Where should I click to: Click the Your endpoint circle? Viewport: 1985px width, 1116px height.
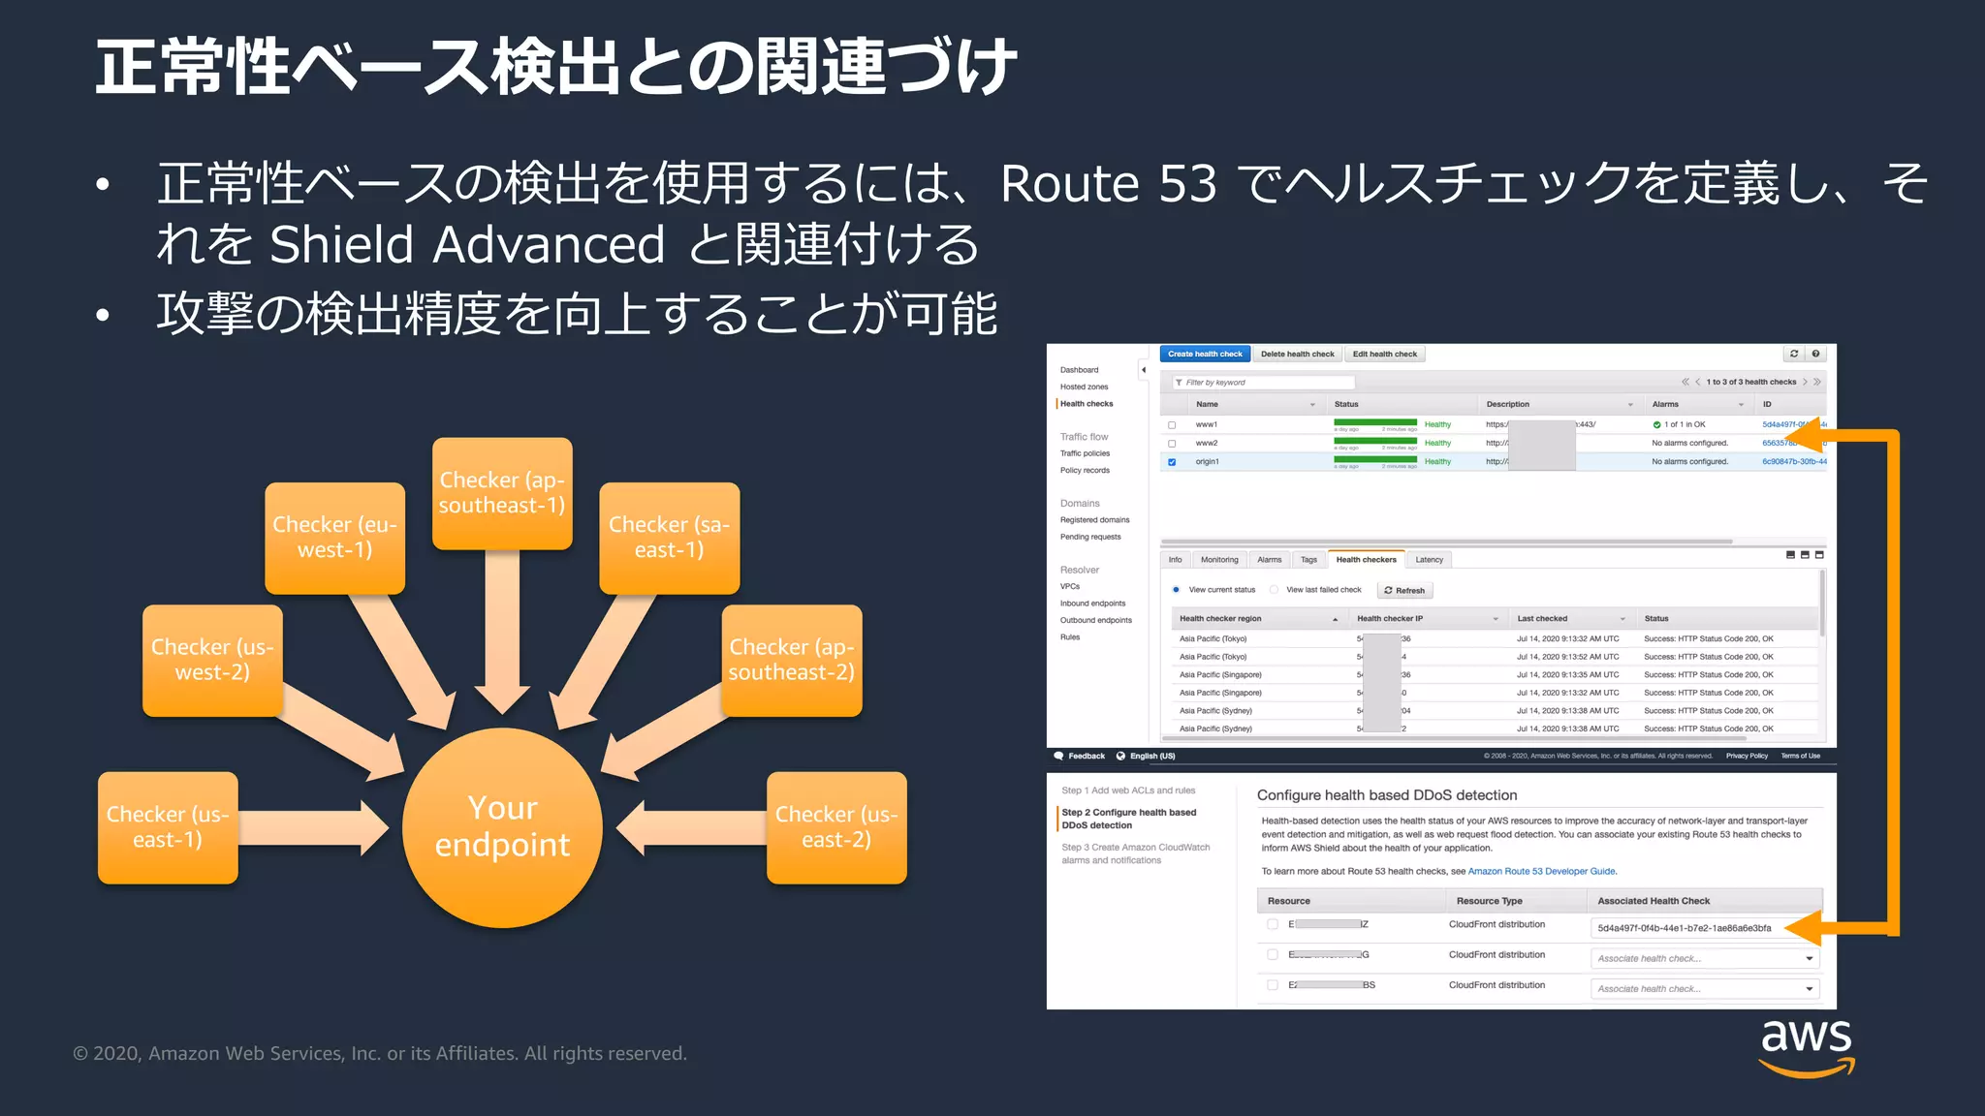[502, 826]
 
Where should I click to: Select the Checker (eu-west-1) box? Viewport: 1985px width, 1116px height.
[334, 538]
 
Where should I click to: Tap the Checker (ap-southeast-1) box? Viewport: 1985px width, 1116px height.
[502, 493]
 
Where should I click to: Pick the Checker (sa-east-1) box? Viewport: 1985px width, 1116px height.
[669, 538]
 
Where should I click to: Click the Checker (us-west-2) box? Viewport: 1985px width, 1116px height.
[212, 660]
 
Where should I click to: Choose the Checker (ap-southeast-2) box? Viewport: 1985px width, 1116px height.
[791, 660]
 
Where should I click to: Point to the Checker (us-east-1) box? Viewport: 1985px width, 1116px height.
[168, 827]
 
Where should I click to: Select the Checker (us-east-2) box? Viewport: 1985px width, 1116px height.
[836, 827]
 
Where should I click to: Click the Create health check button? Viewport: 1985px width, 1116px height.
[1205, 355]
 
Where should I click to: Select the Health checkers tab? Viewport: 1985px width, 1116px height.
[1366, 560]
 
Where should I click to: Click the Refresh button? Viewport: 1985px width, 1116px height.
[1404, 591]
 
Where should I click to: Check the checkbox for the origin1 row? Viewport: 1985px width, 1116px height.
[1172, 462]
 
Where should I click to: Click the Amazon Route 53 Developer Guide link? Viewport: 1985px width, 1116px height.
[1541, 872]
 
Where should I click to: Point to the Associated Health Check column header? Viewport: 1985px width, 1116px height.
[1654, 901]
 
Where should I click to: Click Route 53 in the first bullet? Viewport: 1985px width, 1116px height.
[1108, 184]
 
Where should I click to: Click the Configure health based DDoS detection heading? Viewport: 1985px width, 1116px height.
[1387, 795]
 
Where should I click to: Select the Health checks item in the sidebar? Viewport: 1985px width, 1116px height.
[1087, 404]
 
